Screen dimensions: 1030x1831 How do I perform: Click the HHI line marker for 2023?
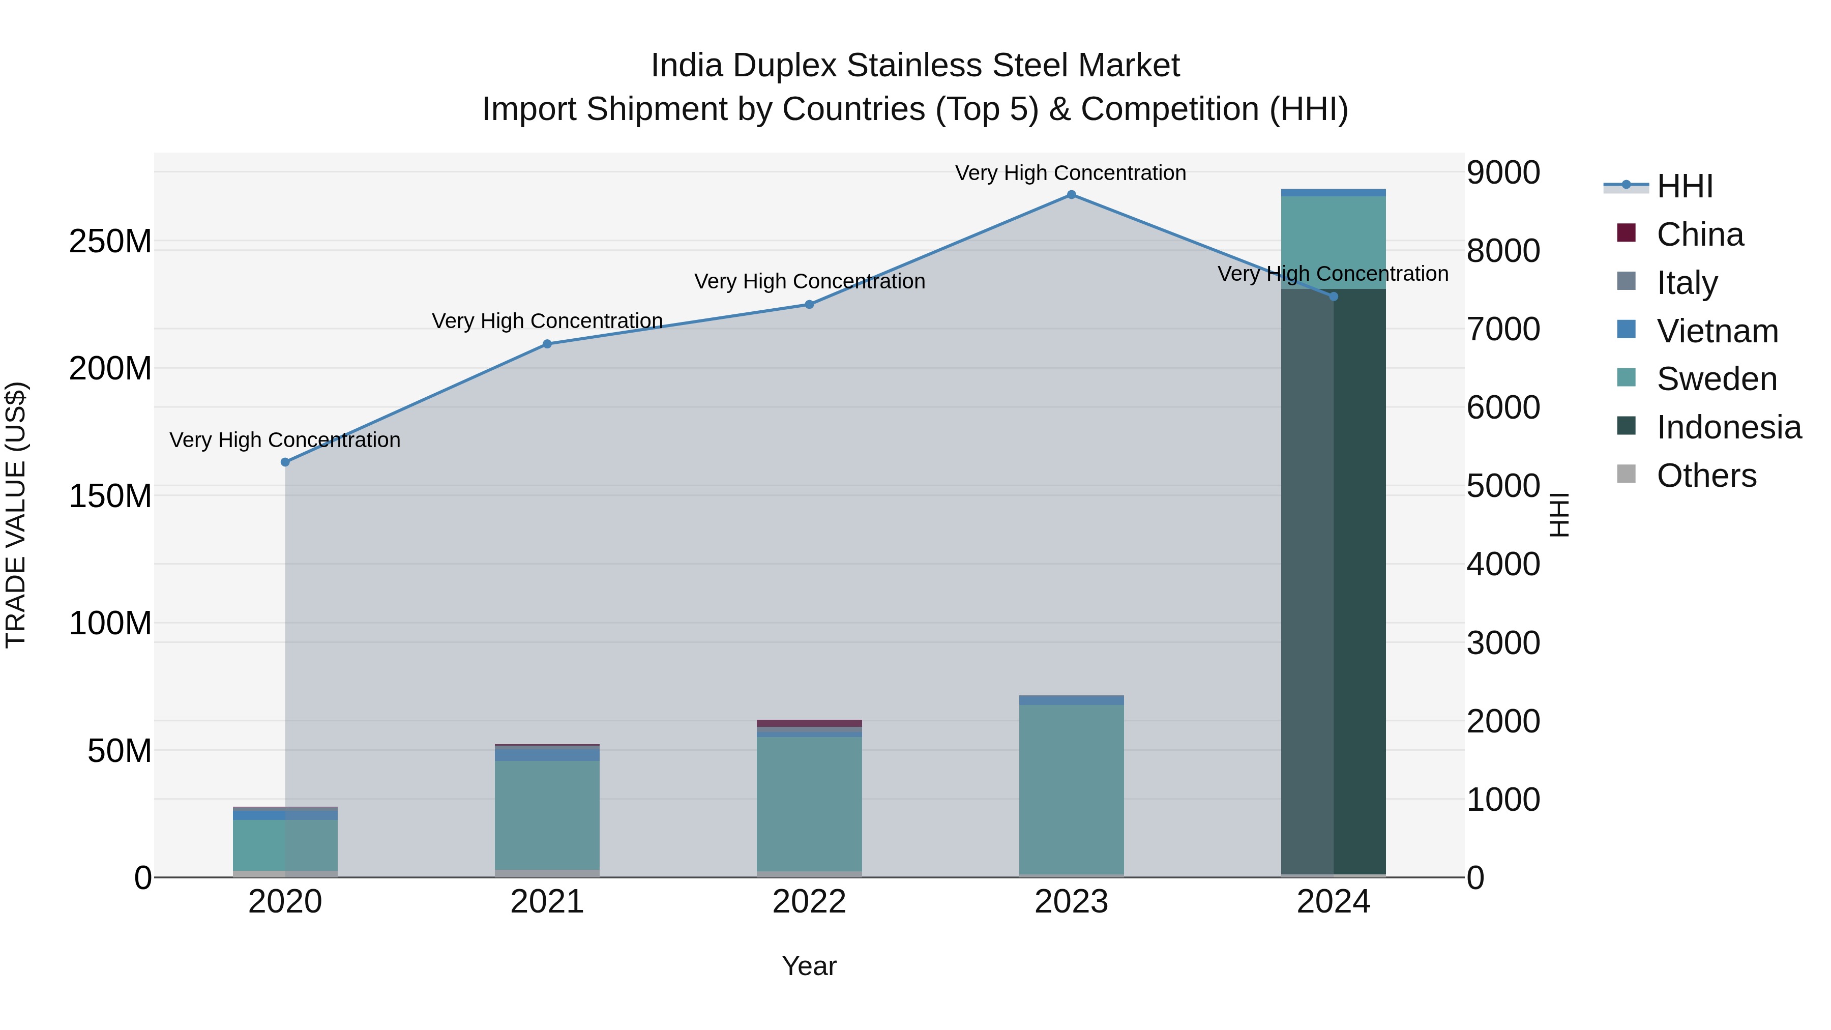[x=1071, y=195]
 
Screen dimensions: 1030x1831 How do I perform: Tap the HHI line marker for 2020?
[x=285, y=462]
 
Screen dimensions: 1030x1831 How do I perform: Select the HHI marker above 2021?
[x=547, y=344]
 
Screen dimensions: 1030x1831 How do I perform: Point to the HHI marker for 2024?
[x=1334, y=297]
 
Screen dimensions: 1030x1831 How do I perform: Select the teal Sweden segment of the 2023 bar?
[x=1071, y=789]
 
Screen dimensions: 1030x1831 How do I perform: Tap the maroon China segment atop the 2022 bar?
[x=809, y=723]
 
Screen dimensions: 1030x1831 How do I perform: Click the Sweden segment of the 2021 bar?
[x=547, y=814]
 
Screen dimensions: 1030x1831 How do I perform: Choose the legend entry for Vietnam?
[x=1717, y=331]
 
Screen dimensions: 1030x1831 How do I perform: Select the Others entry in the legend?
[x=1706, y=476]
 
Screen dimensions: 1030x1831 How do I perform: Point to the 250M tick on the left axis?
[x=110, y=242]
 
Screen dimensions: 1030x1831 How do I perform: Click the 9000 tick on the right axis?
[x=1503, y=173]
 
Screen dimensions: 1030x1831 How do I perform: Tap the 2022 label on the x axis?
[x=809, y=902]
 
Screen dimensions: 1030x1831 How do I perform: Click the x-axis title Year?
[x=809, y=966]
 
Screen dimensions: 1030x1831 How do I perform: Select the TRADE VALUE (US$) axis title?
[x=16, y=515]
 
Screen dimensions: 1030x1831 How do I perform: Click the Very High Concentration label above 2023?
[x=1071, y=173]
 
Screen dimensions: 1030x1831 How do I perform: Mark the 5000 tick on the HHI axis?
[x=1503, y=486]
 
